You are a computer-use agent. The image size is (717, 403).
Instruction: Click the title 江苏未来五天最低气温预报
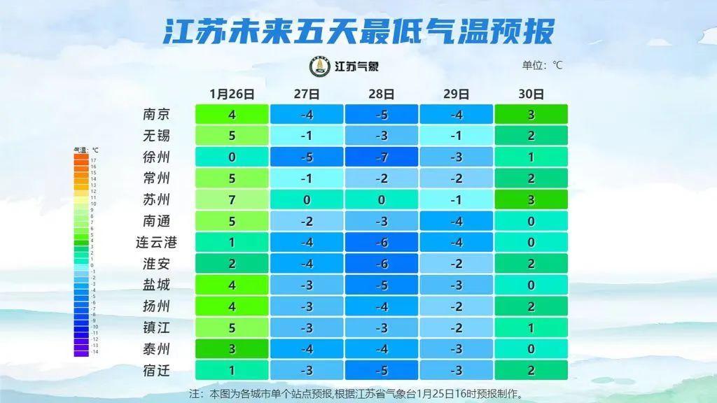(x=358, y=31)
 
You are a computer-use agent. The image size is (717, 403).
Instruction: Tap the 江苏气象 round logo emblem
(x=320, y=66)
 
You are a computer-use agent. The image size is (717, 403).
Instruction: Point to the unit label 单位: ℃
(x=542, y=66)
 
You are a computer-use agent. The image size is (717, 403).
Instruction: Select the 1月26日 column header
(x=232, y=94)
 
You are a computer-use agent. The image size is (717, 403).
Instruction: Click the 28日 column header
(x=382, y=94)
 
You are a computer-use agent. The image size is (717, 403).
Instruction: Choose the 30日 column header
(x=531, y=94)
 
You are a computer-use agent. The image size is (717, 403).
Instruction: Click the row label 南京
(x=155, y=115)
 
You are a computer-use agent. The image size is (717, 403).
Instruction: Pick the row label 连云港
(x=155, y=243)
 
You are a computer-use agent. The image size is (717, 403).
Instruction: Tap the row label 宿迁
(x=155, y=371)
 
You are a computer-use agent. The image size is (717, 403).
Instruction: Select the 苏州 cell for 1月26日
(x=232, y=200)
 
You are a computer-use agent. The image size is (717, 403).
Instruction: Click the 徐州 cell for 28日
(x=382, y=157)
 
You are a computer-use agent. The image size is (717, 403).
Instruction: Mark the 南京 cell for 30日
(x=531, y=115)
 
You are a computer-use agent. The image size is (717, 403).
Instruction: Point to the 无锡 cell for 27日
(x=307, y=136)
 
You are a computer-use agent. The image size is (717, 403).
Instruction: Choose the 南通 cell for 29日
(x=457, y=222)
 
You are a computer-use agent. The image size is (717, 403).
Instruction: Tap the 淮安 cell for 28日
(x=382, y=264)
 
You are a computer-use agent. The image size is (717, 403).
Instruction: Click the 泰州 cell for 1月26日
(x=232, y=349)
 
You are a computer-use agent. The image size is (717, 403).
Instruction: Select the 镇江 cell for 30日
(x=531, y=328)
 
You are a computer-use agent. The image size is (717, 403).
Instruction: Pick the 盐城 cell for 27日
(x=307, y=285)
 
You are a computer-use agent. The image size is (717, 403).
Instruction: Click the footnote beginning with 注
(x=357, y=394)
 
